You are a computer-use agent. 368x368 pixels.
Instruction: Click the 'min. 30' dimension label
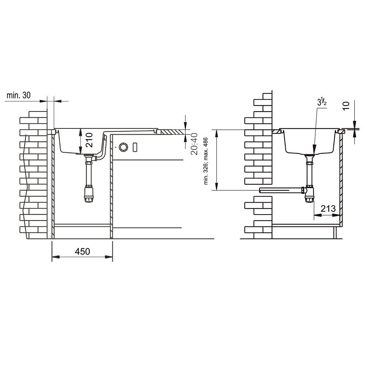point(18,95)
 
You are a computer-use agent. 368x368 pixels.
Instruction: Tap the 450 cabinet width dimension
point(82,251)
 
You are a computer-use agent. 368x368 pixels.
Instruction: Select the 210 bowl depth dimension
point(89,140)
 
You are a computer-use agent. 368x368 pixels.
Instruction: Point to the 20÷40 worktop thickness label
point(194,144)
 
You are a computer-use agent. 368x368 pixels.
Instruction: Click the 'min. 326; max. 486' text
point(206,161)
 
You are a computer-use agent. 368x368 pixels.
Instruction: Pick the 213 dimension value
point(328,208)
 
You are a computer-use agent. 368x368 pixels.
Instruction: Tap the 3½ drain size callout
point(322,102)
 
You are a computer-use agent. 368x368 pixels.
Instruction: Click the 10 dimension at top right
point(346,105)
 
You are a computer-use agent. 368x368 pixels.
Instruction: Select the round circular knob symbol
point(123,147)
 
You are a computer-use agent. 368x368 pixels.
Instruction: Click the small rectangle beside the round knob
point(135,147)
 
